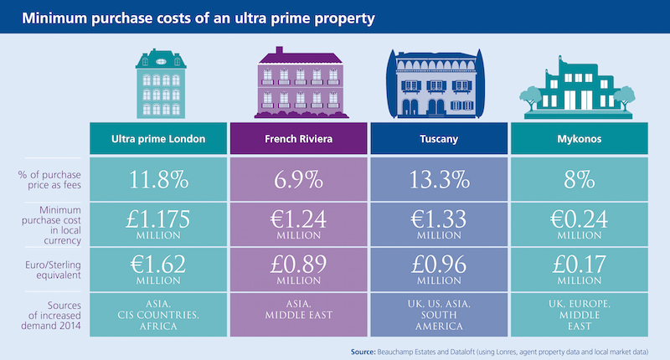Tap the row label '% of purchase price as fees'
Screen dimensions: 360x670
click(47, 178)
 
